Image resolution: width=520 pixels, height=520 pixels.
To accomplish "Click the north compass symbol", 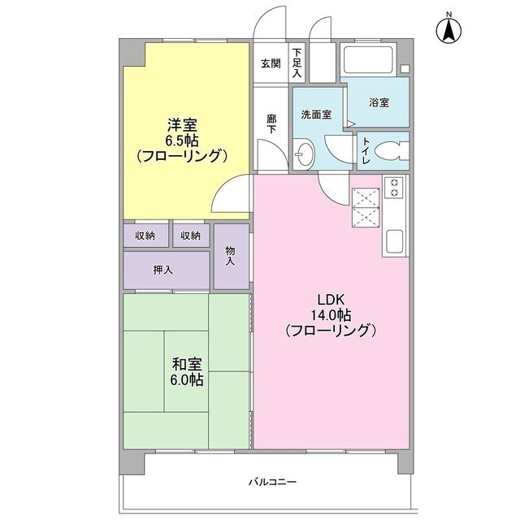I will point(448,30).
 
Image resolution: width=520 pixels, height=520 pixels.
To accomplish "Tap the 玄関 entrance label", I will point(271,63).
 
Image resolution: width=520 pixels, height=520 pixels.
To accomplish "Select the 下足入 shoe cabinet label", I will point(297,63).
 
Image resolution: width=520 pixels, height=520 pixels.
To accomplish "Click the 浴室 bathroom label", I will point(379,102).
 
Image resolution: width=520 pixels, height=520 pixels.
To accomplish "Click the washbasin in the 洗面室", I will point(304,152).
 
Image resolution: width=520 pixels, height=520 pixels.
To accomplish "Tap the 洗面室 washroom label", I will point(316,115).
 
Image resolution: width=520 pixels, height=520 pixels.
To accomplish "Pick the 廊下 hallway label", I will point(271,123).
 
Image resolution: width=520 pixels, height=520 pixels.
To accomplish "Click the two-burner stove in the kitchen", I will point(395,188).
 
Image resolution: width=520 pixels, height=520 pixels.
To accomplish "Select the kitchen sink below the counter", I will point(396,240).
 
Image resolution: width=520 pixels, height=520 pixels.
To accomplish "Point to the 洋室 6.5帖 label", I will point(182,140).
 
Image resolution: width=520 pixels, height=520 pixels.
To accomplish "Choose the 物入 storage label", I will point(230,256).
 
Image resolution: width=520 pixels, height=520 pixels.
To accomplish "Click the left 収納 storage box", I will point(146,235).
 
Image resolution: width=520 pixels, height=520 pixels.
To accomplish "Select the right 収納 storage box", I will point(190,235).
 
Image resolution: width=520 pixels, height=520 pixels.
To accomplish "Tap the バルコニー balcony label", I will point(272,483).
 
